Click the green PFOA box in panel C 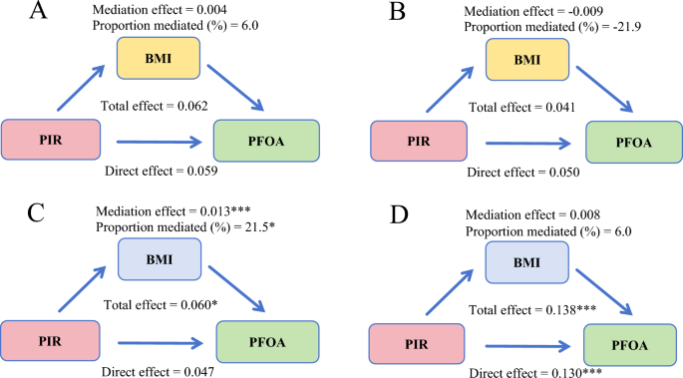point(267,342)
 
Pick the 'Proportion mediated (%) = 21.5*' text point(171,229)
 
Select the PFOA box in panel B point(634,142)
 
